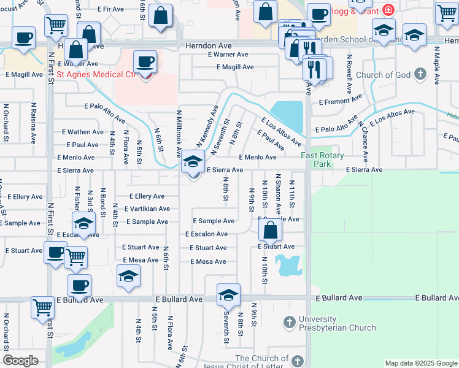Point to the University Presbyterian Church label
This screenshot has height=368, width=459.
point(337,323)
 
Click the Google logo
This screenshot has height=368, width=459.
point(20,361)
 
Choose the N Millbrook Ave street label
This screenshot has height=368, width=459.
point(179,132)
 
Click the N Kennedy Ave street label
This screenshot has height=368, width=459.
point(206,126)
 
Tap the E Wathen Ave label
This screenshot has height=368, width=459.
point(83,132)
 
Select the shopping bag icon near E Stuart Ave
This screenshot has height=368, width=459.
point(270,231)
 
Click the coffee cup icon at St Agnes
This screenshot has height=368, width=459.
point(145,62)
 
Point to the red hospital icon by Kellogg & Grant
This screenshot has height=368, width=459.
point(387,10)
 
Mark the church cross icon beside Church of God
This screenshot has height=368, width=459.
point(420,75)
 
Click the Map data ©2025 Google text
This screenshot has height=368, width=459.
point(421,363)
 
